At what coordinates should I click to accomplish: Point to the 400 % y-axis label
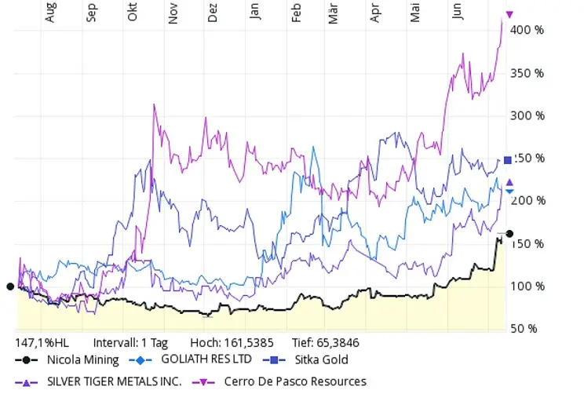point(528,31)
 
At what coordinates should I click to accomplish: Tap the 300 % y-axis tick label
point(528,115)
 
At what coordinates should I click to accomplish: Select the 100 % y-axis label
point(528,286)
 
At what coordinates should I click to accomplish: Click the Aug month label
point(51,13)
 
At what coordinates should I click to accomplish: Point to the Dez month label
point(213,13)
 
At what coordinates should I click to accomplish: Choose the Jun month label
point(457,13)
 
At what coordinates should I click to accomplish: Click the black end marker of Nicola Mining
point(509,234)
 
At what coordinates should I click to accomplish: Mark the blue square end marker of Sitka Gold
point(508,160)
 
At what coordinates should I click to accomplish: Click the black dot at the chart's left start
point(10,286)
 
